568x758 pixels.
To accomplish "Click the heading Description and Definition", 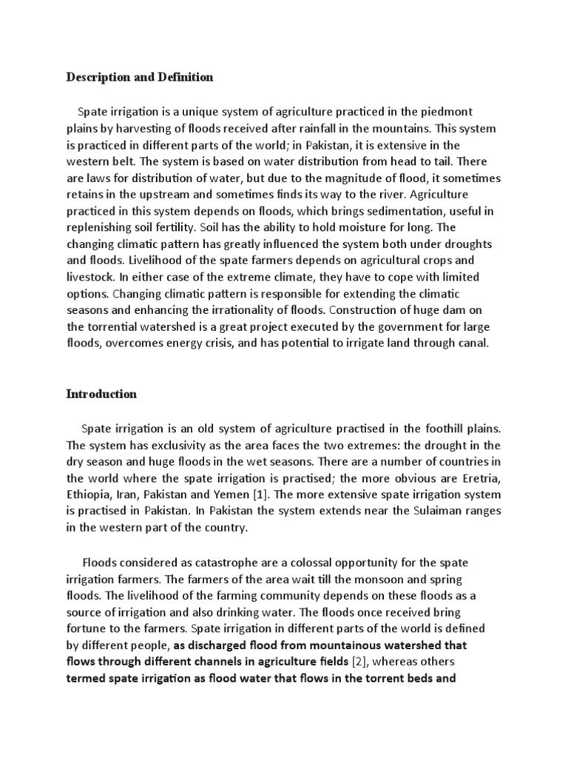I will pyautogui.click(x=140, y=77).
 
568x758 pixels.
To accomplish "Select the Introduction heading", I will pyautogui.click(x=101, y=394).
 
